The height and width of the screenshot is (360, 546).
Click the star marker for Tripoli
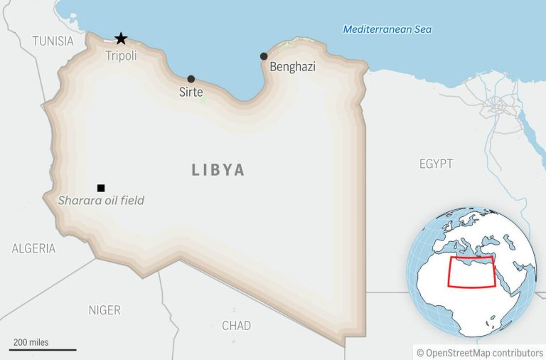(x=121, y=38)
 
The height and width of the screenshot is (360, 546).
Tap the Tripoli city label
(x=121, y=55)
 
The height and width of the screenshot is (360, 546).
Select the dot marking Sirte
(x=191, y=79)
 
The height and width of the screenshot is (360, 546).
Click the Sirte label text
(x=191, y=92)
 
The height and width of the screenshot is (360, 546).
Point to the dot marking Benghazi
(x=264, y=56)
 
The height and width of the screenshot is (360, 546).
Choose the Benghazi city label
(x=292, y=68)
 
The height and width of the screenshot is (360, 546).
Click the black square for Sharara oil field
(x=101, y=188)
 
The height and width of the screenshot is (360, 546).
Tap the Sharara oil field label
(x=100, y=201)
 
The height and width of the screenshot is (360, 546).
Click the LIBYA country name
(x=218, y=170)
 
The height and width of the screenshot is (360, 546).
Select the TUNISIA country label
(x=53, y=41)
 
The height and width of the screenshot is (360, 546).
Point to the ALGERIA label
(x=33, y=248)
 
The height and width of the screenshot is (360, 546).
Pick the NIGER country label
(x=105, y=310)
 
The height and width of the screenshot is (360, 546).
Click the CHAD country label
(x=236, y=326)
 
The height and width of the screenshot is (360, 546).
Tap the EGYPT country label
(x=436, y=164)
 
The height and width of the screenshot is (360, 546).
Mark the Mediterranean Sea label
(x=387, y=29)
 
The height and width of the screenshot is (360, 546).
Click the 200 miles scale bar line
(x=43, y=349)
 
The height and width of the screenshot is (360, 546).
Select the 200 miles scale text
(x=31, y=342)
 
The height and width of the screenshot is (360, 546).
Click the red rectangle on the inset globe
(x=471, y=272)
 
